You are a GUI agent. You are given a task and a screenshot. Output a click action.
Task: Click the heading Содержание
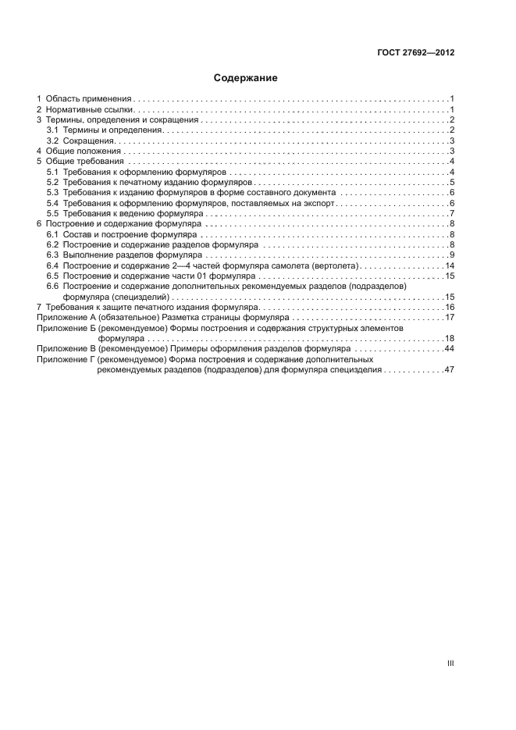[245, 78]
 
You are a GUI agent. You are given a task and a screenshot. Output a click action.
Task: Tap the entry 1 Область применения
[84, 99]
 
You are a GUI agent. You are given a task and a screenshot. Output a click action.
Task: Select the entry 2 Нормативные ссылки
[84, 109]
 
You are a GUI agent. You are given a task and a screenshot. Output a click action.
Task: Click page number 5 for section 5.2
[452, 182]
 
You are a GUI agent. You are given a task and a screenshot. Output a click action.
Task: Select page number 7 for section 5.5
[452, 213]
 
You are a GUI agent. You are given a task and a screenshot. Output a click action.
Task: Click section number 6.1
[52, 234]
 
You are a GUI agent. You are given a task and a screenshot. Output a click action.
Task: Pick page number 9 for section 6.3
[452, 255]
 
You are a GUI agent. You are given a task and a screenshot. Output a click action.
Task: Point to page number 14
[450, 265]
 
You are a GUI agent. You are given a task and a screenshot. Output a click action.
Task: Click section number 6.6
[52, 287]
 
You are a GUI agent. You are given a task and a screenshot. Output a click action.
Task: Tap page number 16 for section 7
[450, 307]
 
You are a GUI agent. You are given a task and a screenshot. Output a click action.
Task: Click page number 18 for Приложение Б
[450, 339]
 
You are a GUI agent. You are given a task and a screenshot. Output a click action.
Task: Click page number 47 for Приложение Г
[450, 370]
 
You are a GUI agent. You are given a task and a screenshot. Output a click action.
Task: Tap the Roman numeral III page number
[450, 663]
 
